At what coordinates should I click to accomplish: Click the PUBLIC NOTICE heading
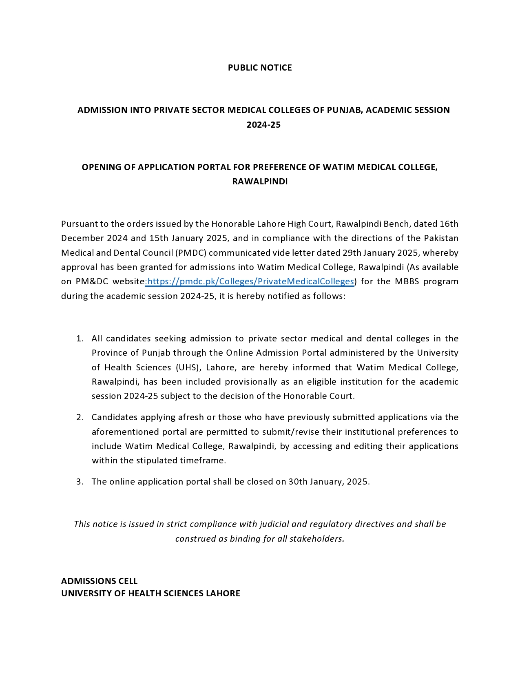click(260, 68)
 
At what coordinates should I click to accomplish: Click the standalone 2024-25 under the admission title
click(263, 125)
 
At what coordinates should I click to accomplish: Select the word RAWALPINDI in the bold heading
click(260, 182)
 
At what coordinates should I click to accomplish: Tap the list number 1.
click(80, 339)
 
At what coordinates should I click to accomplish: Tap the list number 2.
click(80, 417)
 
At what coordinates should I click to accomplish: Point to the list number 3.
click(80, 482)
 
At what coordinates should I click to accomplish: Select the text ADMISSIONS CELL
click(99, 581)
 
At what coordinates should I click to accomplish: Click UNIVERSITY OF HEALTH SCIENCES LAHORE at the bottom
click(150, 593)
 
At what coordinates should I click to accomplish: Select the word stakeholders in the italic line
click(316, 539)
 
